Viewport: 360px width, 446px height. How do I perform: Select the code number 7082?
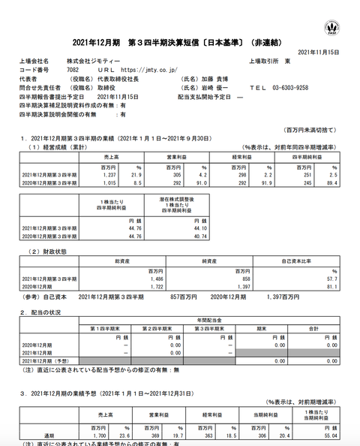[73, 68]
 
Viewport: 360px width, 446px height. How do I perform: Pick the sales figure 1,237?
[108, 174]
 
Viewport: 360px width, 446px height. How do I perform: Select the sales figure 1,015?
[108, 182]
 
